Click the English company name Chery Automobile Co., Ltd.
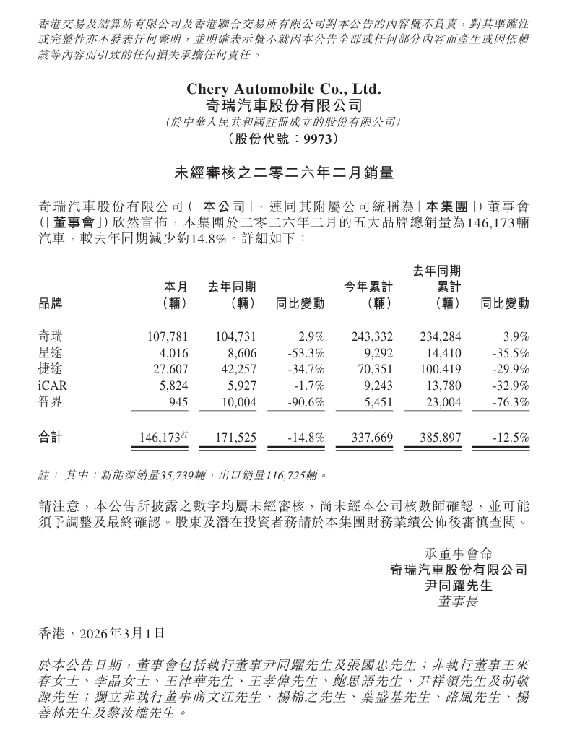pyautogui.click(x=283, y=90)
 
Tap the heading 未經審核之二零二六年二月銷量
pyautogui.click(x=283, y=173)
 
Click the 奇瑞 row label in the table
pyautogui.click(x=51, y=336)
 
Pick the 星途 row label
pyautogui.click(x=51, y=353)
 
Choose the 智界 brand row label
pyautogui.click(x=51, y=402)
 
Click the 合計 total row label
pyautogui.click(x=51, y=438)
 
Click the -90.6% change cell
pyautogui.click(x=304, y=402)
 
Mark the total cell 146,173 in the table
pyautogui.click(x=159, y=438)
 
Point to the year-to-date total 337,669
pyautogui.click(x=372, y=438)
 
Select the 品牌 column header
pyautogui.click(x=51, y=304)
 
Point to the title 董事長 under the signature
pyautogui.click(x=458, y=601)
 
